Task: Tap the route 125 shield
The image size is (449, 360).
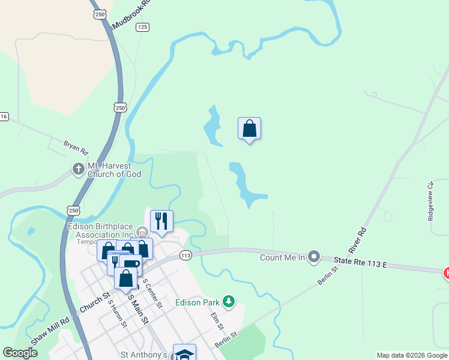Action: tap(142, 27)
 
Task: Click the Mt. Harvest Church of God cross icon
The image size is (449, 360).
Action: tap(78, 169)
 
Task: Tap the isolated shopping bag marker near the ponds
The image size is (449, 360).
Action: tap(250, 128)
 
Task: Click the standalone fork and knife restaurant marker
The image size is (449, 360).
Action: tap(161, 221)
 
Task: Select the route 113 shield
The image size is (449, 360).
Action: tap(185, 255)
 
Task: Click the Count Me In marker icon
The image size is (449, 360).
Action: tap(313, 257)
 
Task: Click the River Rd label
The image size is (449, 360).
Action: tap(358, 239)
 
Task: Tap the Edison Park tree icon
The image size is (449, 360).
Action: tap(228, 301)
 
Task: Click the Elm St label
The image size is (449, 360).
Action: tap(217, 320)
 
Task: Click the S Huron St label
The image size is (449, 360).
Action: tap(117, 313)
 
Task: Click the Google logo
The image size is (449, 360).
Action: tap(20, 353)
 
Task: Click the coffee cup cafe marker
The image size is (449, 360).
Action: tap(131, 264)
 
